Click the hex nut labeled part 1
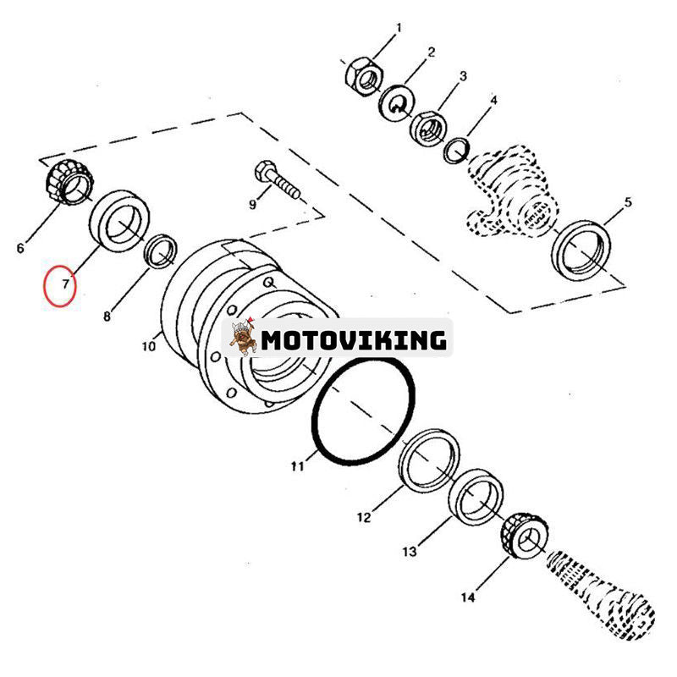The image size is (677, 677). click(361, 75)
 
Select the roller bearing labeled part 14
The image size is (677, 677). click(522, 534)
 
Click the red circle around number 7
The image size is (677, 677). click(60, 285)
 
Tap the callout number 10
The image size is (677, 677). click(148, 346)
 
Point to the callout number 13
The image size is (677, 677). click(409, 552)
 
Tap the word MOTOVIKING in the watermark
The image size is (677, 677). click(354, 340)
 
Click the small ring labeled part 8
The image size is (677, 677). click(161, 250)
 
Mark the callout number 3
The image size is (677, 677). click(463, 76)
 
